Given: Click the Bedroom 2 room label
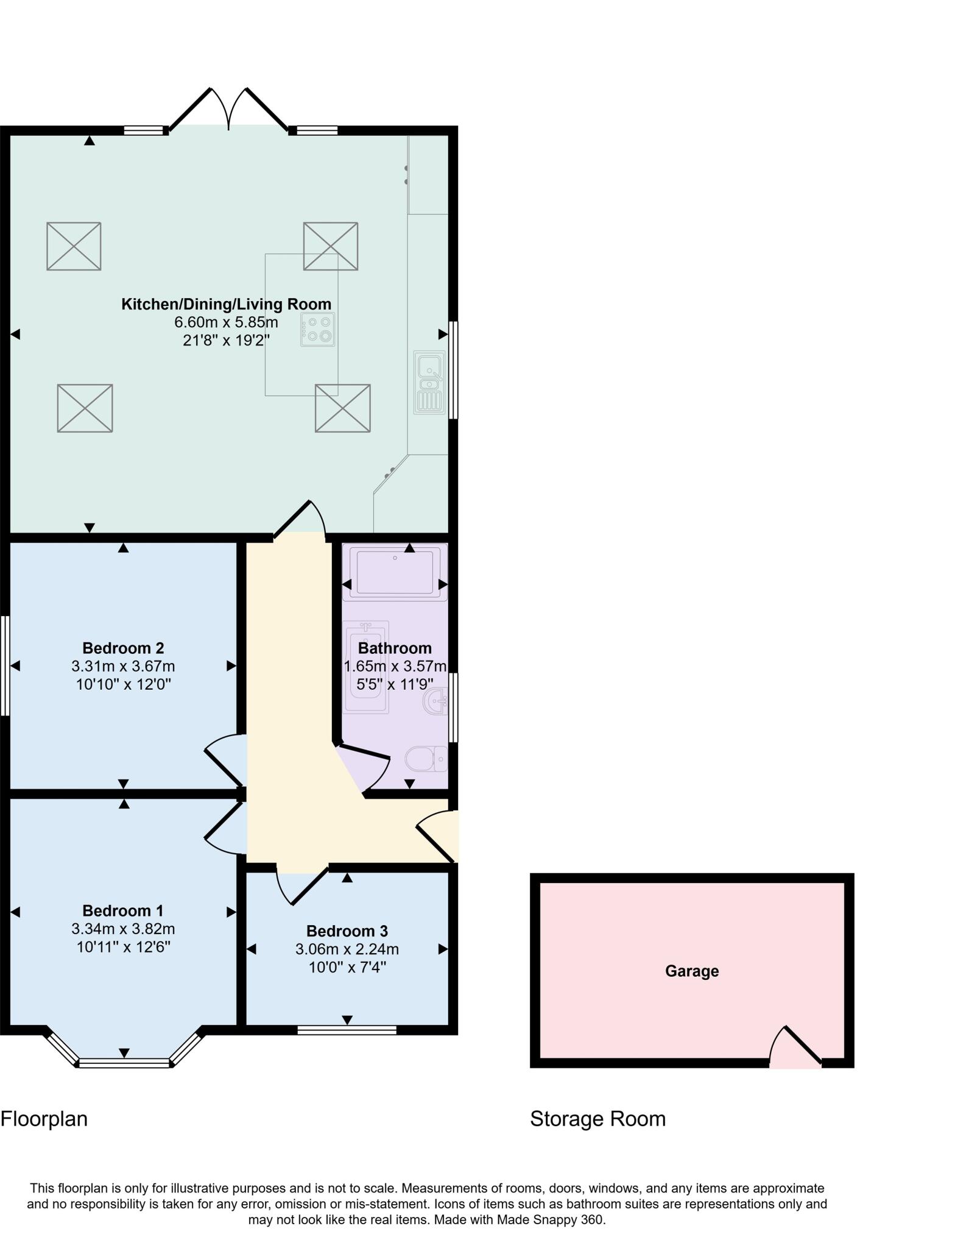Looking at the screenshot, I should point(123,648).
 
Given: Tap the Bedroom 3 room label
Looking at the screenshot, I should point(347,931).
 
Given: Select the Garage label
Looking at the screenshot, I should point(691,971).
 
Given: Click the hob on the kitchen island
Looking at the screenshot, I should point(317,329).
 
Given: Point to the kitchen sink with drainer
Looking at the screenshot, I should point(430,382).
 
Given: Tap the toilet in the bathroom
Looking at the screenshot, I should point(426,759).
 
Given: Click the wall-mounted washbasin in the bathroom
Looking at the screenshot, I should point(436,701).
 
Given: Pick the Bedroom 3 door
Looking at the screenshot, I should point(301,886).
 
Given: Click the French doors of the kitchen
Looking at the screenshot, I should point(229,110).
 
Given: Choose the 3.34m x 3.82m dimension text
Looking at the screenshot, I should point(123,929).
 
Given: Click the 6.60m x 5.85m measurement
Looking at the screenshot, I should point(226,322).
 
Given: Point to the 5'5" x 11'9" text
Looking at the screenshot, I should point(395,684).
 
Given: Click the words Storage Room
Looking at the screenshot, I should point(597,1119).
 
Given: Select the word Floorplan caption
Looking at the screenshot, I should point(44,1119).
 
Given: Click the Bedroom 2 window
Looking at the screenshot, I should point(5,665).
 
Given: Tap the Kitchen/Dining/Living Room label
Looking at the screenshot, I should point(226,304).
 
